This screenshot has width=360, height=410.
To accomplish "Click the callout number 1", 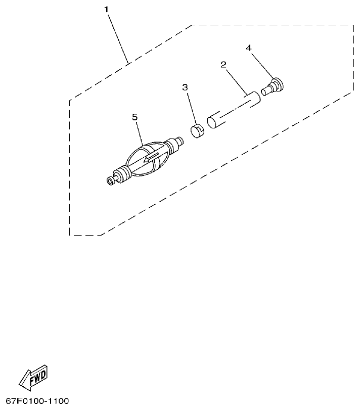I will coord(107,10).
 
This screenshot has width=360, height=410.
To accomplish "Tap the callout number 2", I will coord(223,64).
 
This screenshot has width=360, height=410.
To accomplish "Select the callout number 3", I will coord(185,87).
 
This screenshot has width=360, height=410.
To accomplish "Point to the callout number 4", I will coord(248,48).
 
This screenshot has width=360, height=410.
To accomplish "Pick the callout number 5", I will coord(134,117).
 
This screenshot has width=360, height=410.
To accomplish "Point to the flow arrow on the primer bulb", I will coord(150,158).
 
